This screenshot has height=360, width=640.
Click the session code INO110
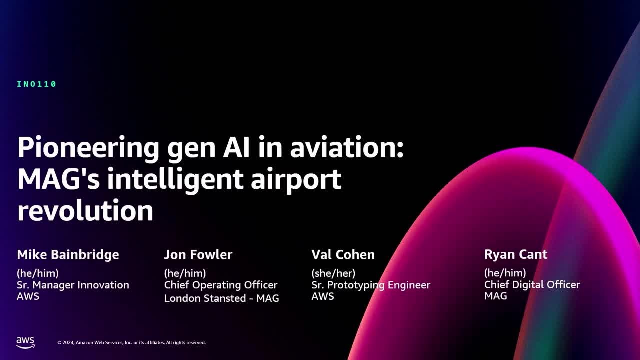coord(37,84)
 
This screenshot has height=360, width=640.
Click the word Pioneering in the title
coord(88,148)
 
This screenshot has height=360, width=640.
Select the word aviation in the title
coord(346,147)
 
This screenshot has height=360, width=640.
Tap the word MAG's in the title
coord(59,178)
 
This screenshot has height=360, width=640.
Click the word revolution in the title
coord(85,210)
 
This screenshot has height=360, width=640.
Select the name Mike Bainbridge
coord(68,255)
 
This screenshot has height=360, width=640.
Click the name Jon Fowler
coord(198,255)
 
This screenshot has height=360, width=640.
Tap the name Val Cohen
coord(343,255)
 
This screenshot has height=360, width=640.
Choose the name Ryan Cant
coord(516,254)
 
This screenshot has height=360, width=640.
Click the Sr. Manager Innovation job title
coord(73,285)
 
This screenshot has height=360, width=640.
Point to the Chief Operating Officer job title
coord(221,285)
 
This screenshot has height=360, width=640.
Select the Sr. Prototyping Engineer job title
coord(371,285)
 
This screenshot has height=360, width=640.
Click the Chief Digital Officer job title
coord(532,284)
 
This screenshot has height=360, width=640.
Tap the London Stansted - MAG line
coord(221,298)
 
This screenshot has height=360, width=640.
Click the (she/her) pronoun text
coord(333,273)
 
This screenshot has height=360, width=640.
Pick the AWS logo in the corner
coord(25,342)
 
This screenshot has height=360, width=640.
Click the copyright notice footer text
coord(131,343)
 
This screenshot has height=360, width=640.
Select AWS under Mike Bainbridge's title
coord(28,296)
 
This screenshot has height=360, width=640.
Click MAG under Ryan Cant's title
coord(496,296)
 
